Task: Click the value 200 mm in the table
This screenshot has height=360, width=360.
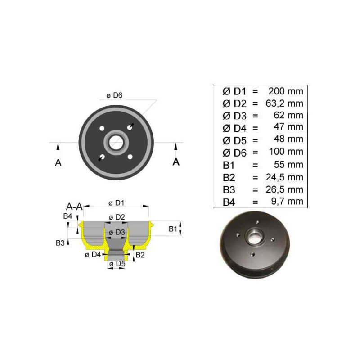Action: [x=286, y=91]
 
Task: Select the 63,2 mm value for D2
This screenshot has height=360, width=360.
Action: [x=284, y=103]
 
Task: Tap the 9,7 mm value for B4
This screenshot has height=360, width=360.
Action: [x=287, y=201]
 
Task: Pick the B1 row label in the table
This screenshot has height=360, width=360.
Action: [x=229, y=165]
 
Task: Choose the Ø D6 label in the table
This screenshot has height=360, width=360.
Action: [x=234, y=153]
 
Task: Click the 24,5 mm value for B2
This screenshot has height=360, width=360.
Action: [x=284, y=177]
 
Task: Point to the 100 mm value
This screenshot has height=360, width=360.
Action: [x=286, y=152]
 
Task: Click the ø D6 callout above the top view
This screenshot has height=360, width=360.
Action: [x=115, y=95]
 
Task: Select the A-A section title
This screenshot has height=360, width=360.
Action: [x=74, y=207]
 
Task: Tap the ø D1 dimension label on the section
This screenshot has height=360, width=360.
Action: [x=117, y=203]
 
